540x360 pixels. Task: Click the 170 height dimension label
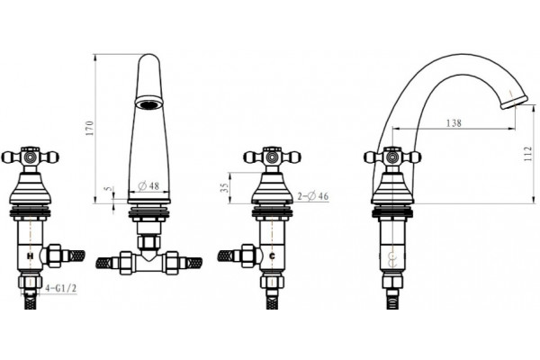89,128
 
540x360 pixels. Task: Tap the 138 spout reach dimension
454,122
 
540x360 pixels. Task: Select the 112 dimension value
527,154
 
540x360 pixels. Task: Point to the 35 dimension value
224,187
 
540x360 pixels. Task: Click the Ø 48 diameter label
148,186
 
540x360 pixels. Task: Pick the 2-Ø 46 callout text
312,196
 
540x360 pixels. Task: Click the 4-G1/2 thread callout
60,288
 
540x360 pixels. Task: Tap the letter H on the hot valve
31,256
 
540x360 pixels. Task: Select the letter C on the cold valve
272,256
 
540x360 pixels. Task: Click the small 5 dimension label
109,189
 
